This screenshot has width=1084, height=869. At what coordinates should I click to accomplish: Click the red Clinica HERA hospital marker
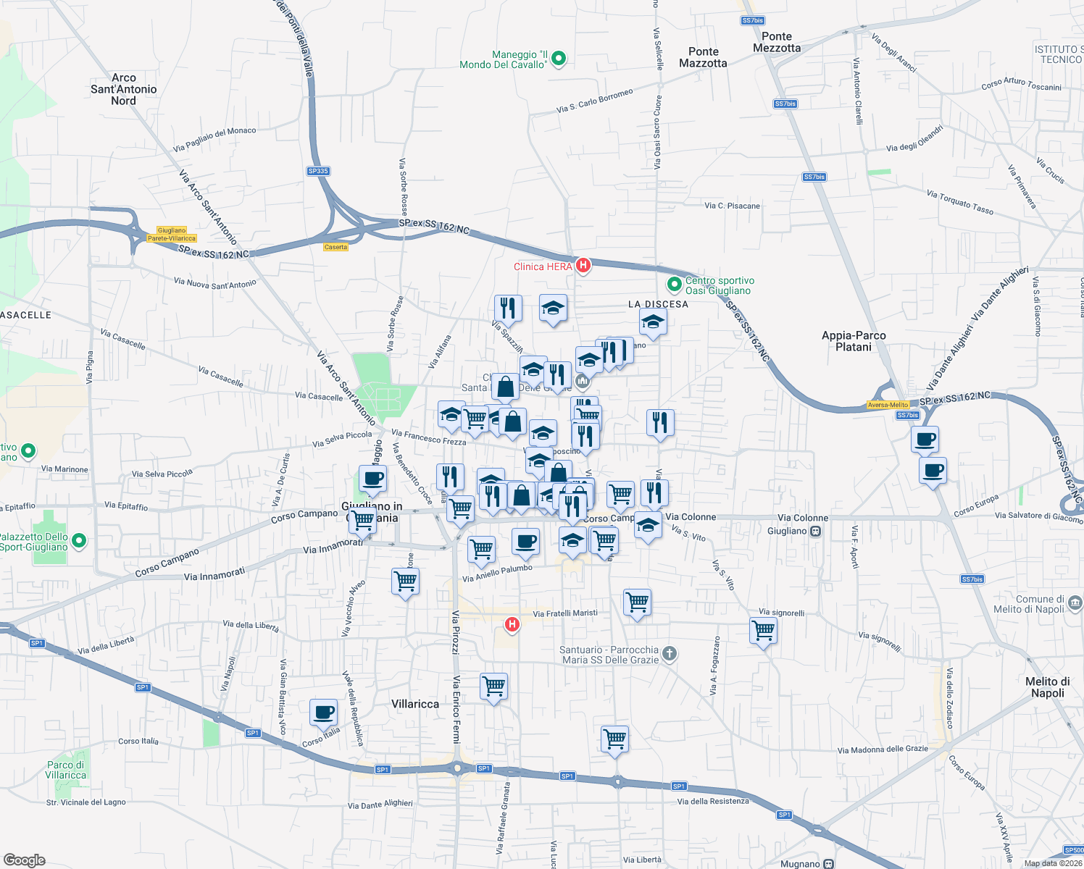click(583, 266)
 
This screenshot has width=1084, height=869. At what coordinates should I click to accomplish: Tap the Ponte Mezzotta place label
click(777, 42)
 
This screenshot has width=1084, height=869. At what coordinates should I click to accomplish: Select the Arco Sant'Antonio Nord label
click(123, 89)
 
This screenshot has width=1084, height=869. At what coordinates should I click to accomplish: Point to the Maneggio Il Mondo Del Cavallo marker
click(559, 59)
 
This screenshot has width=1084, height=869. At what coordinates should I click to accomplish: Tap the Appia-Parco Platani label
click(854, 341)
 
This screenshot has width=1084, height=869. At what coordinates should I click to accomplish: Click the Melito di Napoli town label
click(1047, 687)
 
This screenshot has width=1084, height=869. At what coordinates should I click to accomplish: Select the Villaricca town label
click(415, 704)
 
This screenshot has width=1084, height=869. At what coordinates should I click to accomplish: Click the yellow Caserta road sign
click(335, 247)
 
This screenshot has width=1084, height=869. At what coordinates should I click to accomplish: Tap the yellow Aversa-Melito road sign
click(888, 405)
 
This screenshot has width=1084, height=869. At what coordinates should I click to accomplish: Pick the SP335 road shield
click(318, 172)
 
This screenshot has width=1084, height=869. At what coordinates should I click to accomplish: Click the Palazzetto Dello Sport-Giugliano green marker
click(80, 540)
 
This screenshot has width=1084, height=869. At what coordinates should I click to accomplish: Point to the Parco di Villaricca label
click(66, 770)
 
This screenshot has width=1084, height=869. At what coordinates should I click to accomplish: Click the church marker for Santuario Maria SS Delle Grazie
click(670, 654)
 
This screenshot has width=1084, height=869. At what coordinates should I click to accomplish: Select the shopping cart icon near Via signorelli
click(764, 630)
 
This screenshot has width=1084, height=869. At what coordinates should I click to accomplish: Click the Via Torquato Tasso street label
click(960, 202)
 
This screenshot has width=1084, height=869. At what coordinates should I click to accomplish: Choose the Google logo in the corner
click(25, 860)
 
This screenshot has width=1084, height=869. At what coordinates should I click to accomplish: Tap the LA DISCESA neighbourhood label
click(658, 304)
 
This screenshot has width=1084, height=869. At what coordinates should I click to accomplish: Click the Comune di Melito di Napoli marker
click(1075, 603)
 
